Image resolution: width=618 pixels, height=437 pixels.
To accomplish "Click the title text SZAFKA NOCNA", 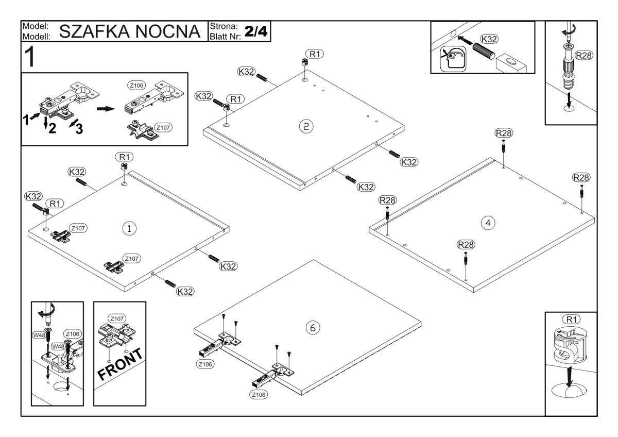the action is tap(130, 31).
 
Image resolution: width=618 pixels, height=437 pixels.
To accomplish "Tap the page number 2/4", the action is tap(256, 31).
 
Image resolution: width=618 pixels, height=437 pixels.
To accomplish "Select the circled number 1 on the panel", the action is tap(129, 228).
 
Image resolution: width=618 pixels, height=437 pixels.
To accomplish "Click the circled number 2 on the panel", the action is tap(306, 126).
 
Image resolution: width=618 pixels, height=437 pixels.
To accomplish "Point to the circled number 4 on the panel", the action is tap(488, 223).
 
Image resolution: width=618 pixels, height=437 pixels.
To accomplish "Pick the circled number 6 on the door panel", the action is tap(313, 328).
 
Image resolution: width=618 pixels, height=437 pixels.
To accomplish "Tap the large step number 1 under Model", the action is tap(30, 57).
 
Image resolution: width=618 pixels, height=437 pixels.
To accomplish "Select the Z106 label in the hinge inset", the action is tap(136, 86).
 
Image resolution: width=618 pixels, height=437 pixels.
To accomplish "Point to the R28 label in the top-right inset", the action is tap(583, 56).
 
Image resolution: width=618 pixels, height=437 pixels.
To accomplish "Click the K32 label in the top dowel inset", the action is tap(489, 39).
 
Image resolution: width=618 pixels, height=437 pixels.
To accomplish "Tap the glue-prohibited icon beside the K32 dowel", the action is tap(453, 59).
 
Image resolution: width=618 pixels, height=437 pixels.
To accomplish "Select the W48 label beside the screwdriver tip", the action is tap(39, 335).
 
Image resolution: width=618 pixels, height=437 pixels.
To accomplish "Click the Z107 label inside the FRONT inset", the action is tap(117, 318).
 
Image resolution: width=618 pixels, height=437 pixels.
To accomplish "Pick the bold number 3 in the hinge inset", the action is tap(79, 129).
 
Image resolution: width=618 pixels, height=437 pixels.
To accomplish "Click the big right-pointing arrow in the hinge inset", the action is tap(106, 109).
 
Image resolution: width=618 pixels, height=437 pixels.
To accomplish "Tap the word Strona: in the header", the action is tap(224, 26).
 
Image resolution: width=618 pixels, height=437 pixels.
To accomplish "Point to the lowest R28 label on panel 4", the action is tap(466, 245).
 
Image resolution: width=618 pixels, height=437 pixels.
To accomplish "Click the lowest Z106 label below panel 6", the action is tap(259, 395).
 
